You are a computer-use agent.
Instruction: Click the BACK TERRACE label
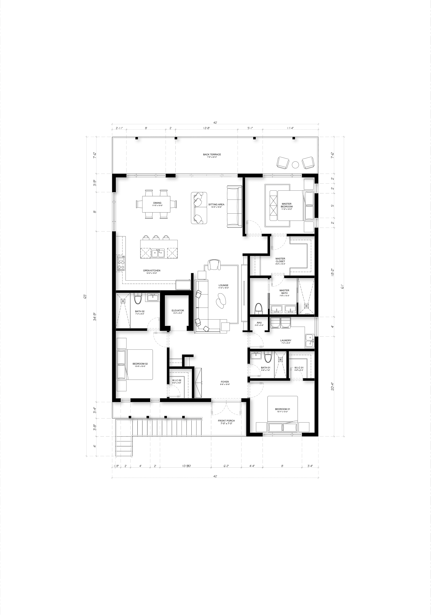[212, 155]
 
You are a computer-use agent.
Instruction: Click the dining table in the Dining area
[157, 204]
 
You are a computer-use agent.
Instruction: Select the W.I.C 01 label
[299, 368]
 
